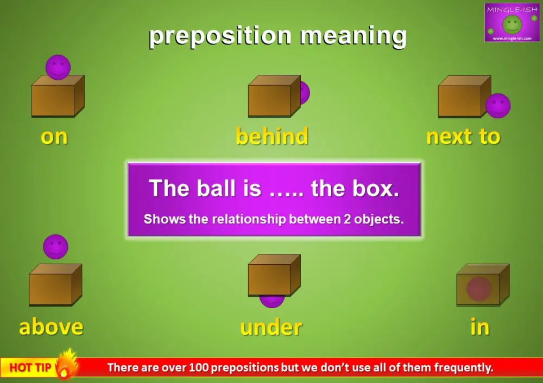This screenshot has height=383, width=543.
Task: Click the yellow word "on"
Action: click(x=54, y=137)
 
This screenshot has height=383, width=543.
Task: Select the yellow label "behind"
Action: click(x=271, y=136)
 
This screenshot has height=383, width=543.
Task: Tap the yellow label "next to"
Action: click(x=463, y=137)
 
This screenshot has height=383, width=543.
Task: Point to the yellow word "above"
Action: click(x=51, y=327)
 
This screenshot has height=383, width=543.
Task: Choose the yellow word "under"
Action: click(x=271, y=327)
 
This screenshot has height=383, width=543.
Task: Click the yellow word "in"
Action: click(x=480, y=327)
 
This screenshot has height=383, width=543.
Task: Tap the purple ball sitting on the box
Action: click(x=58, y=66)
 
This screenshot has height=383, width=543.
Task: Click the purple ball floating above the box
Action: click(x=55, y=246)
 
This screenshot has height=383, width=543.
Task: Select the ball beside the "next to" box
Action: click(x=498, y=105)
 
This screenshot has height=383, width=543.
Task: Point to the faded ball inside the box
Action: click(x=479, y=289)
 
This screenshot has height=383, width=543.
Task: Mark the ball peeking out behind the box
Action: click(x=304, y=92)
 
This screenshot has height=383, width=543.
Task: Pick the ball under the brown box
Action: click(x=271, y=300)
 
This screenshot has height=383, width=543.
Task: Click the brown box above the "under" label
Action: click(x=274, y=275)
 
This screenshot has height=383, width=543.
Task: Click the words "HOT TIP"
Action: click(x=30, y=368)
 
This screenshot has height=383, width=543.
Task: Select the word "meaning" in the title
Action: click(x=353, y=36)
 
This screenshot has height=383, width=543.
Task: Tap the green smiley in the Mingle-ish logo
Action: click(x=512, y=23)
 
